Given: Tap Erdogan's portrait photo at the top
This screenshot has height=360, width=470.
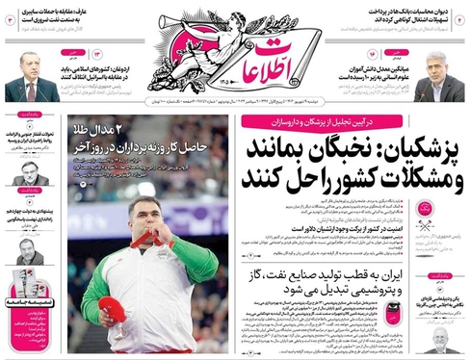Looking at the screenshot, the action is coord(30,75).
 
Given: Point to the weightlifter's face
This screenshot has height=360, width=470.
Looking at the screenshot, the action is coord(144,218).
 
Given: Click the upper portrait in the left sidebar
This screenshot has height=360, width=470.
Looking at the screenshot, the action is coord(30,176).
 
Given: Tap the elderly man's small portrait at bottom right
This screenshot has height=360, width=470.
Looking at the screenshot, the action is coord(440,341).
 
